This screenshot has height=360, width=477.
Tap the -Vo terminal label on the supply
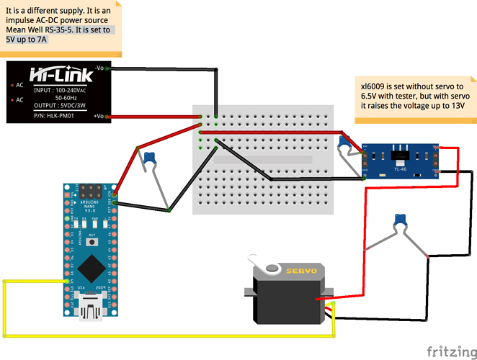pos(102,68)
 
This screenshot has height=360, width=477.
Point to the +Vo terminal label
pos(101,115)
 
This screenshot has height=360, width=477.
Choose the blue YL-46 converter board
pos(400,160)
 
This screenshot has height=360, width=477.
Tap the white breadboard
pos(263,158)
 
